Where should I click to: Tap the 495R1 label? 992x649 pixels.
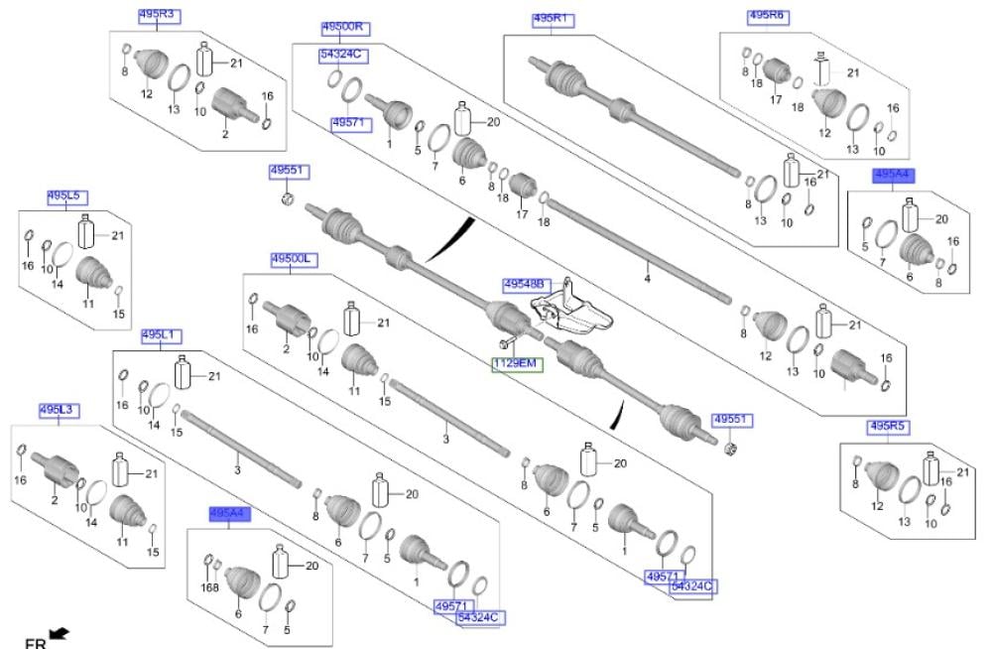[x=554, y=19]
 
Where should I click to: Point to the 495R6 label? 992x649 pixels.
[x=766, y=16]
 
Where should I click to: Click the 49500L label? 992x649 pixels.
[x=293, y=259]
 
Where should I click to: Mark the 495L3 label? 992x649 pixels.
[x=58, y=409]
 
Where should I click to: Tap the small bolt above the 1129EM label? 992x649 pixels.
[x=504, y=343]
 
